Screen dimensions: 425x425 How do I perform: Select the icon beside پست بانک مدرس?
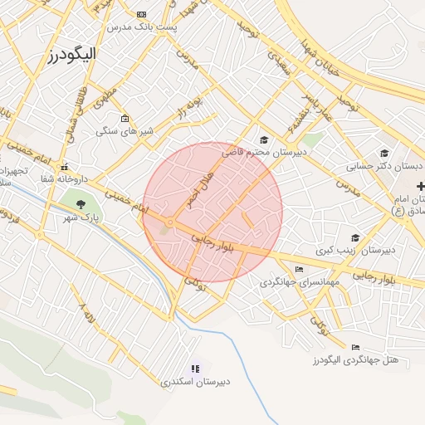click(142, 14)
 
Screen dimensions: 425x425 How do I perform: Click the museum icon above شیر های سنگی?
click(125, 118)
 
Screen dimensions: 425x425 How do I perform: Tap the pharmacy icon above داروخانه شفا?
click(66, 165)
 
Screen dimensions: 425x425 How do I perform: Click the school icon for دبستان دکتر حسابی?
click(384, 154)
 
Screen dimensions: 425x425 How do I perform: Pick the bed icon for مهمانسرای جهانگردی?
click(299, 269)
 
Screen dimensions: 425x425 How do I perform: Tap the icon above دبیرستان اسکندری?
click(196, 369)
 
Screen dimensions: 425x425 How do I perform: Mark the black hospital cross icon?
click(420, 184)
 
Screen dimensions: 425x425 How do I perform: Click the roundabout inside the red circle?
click(169, 222)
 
